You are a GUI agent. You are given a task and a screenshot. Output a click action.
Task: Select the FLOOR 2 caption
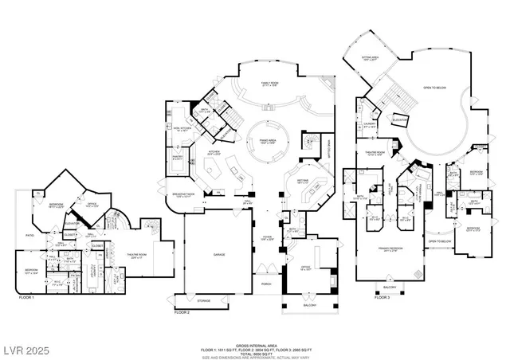coord(182,312)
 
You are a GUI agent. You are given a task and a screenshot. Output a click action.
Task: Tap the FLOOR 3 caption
coord(383,296)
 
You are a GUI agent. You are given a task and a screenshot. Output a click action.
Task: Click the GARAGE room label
coord(218,254)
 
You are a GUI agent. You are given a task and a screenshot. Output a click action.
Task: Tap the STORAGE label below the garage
coord(203,301)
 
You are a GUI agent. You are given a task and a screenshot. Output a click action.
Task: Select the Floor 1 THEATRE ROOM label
coord(140,254)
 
